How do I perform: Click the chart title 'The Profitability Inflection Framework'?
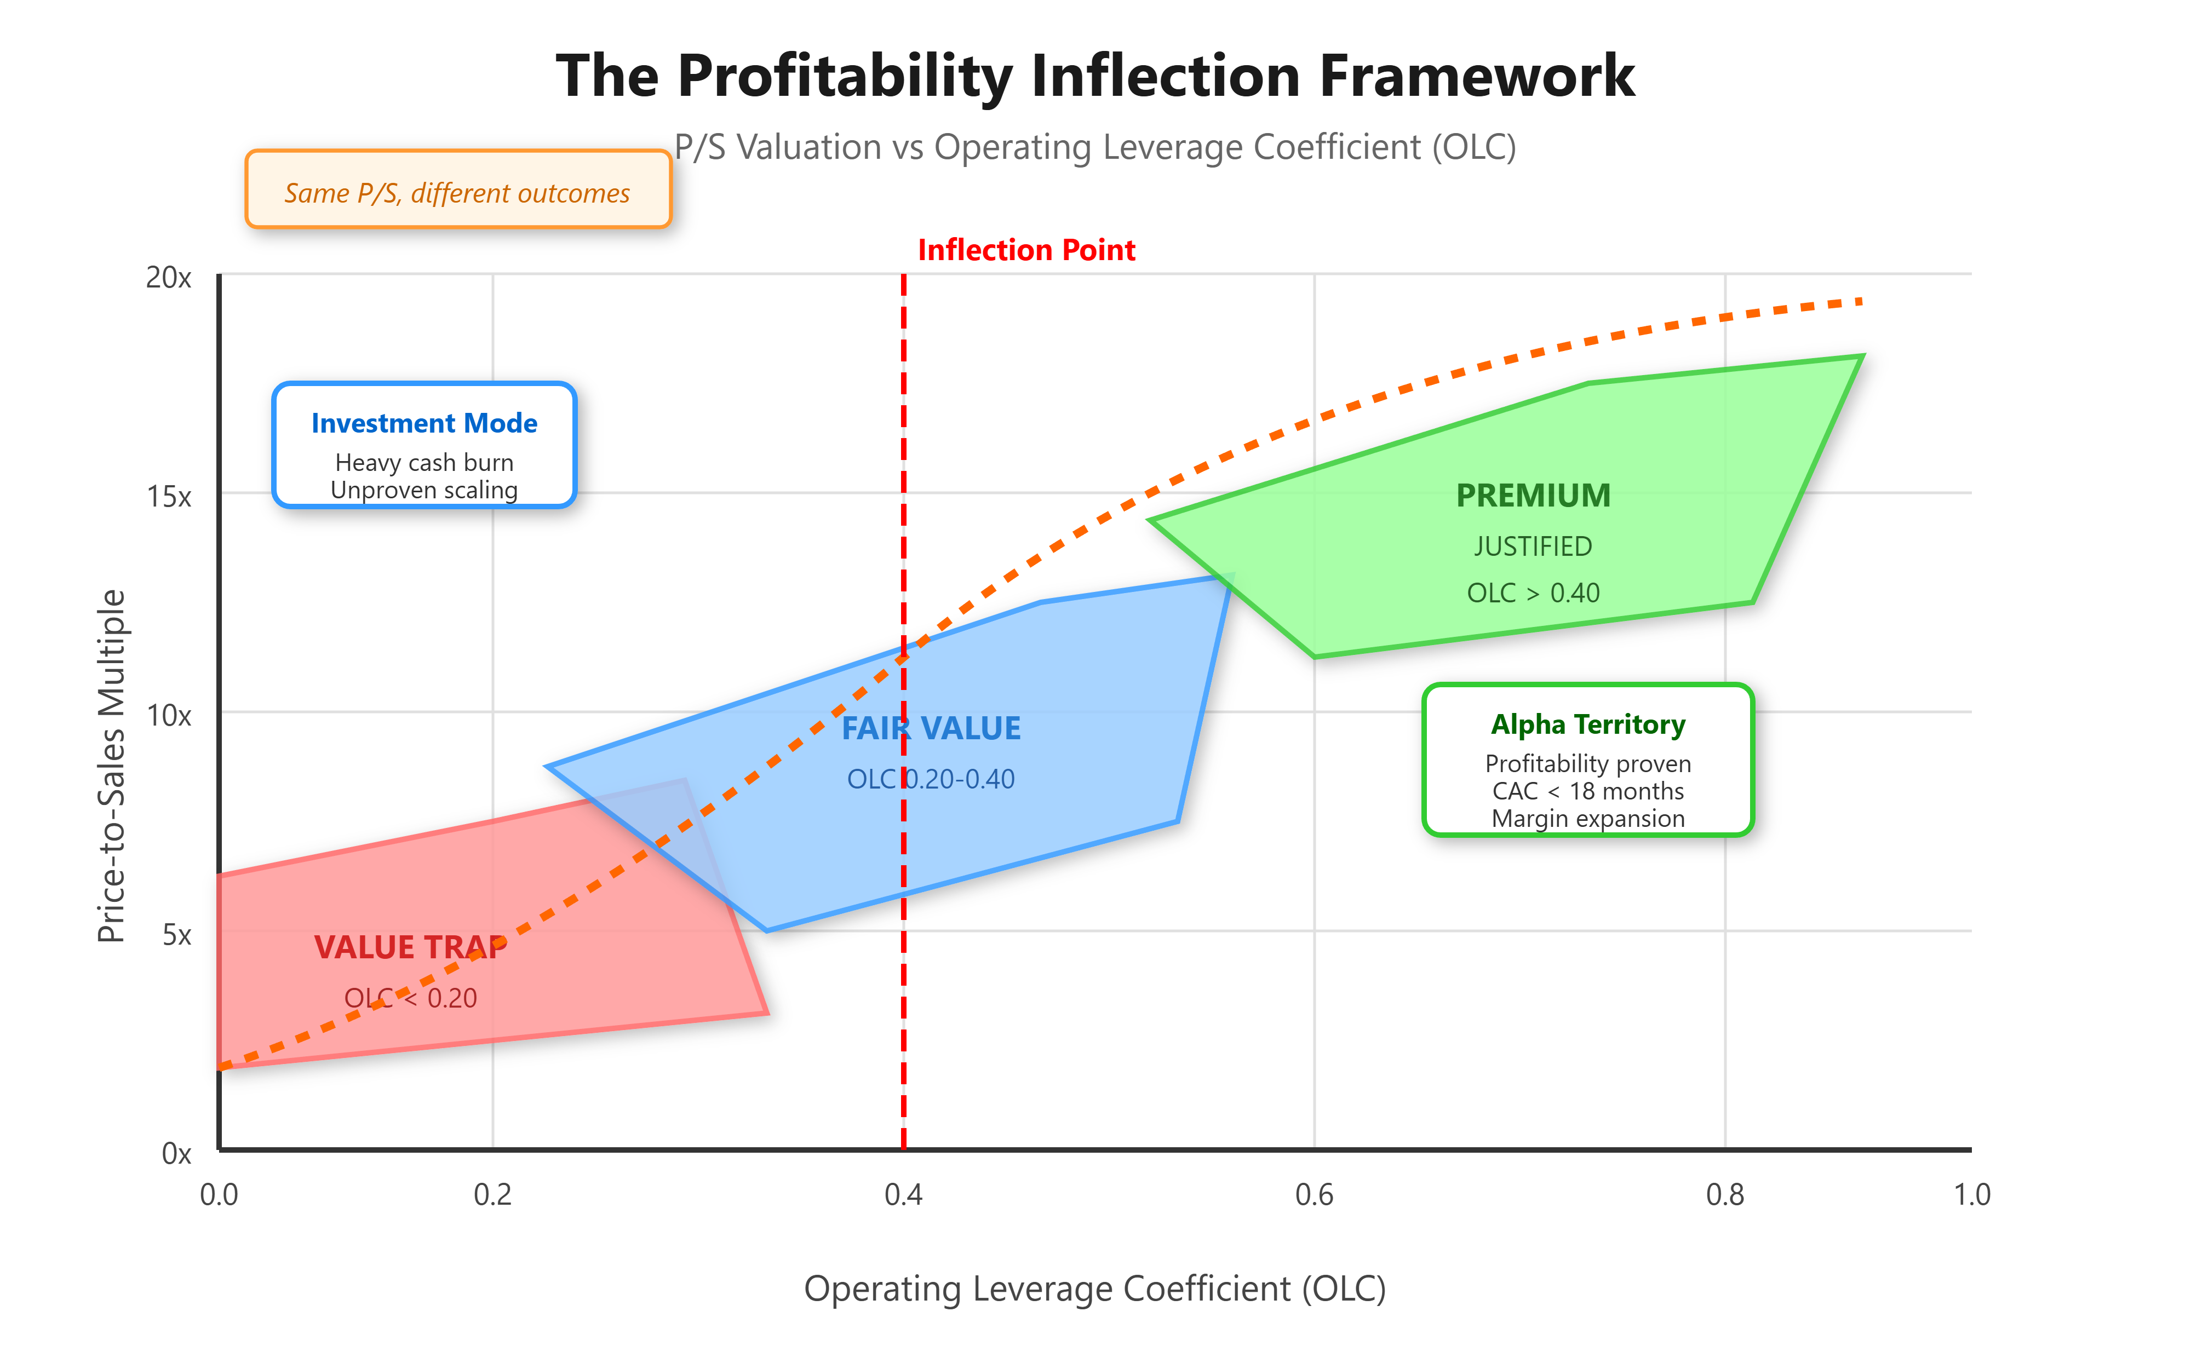click(1095, 76)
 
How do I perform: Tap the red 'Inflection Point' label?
click(1026, 250)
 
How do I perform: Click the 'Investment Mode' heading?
click(424, 423)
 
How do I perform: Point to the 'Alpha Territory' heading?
click(1588, 724)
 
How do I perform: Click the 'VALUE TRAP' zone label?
click(410, 947)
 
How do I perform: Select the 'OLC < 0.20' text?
click(410, 998)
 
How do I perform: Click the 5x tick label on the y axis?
click(177, 934)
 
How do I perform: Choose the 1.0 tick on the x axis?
click(1972, 1195)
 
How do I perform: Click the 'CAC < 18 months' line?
click(1588, 791)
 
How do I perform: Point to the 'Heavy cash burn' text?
click(424, 463)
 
